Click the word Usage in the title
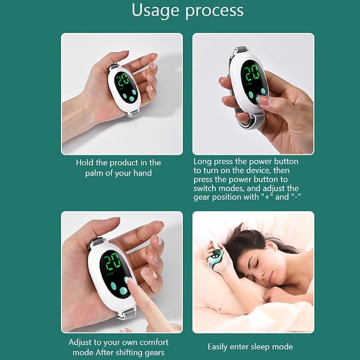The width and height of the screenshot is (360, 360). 155,11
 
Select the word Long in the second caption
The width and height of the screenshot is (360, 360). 203,162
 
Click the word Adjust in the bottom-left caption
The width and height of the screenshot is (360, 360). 81,343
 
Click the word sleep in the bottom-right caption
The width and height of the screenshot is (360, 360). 260,347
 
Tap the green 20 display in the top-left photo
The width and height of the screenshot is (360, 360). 122,79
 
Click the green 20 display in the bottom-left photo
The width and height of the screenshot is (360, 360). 112,262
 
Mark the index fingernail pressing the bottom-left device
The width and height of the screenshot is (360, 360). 127,280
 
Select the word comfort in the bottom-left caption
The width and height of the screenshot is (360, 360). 154,343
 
